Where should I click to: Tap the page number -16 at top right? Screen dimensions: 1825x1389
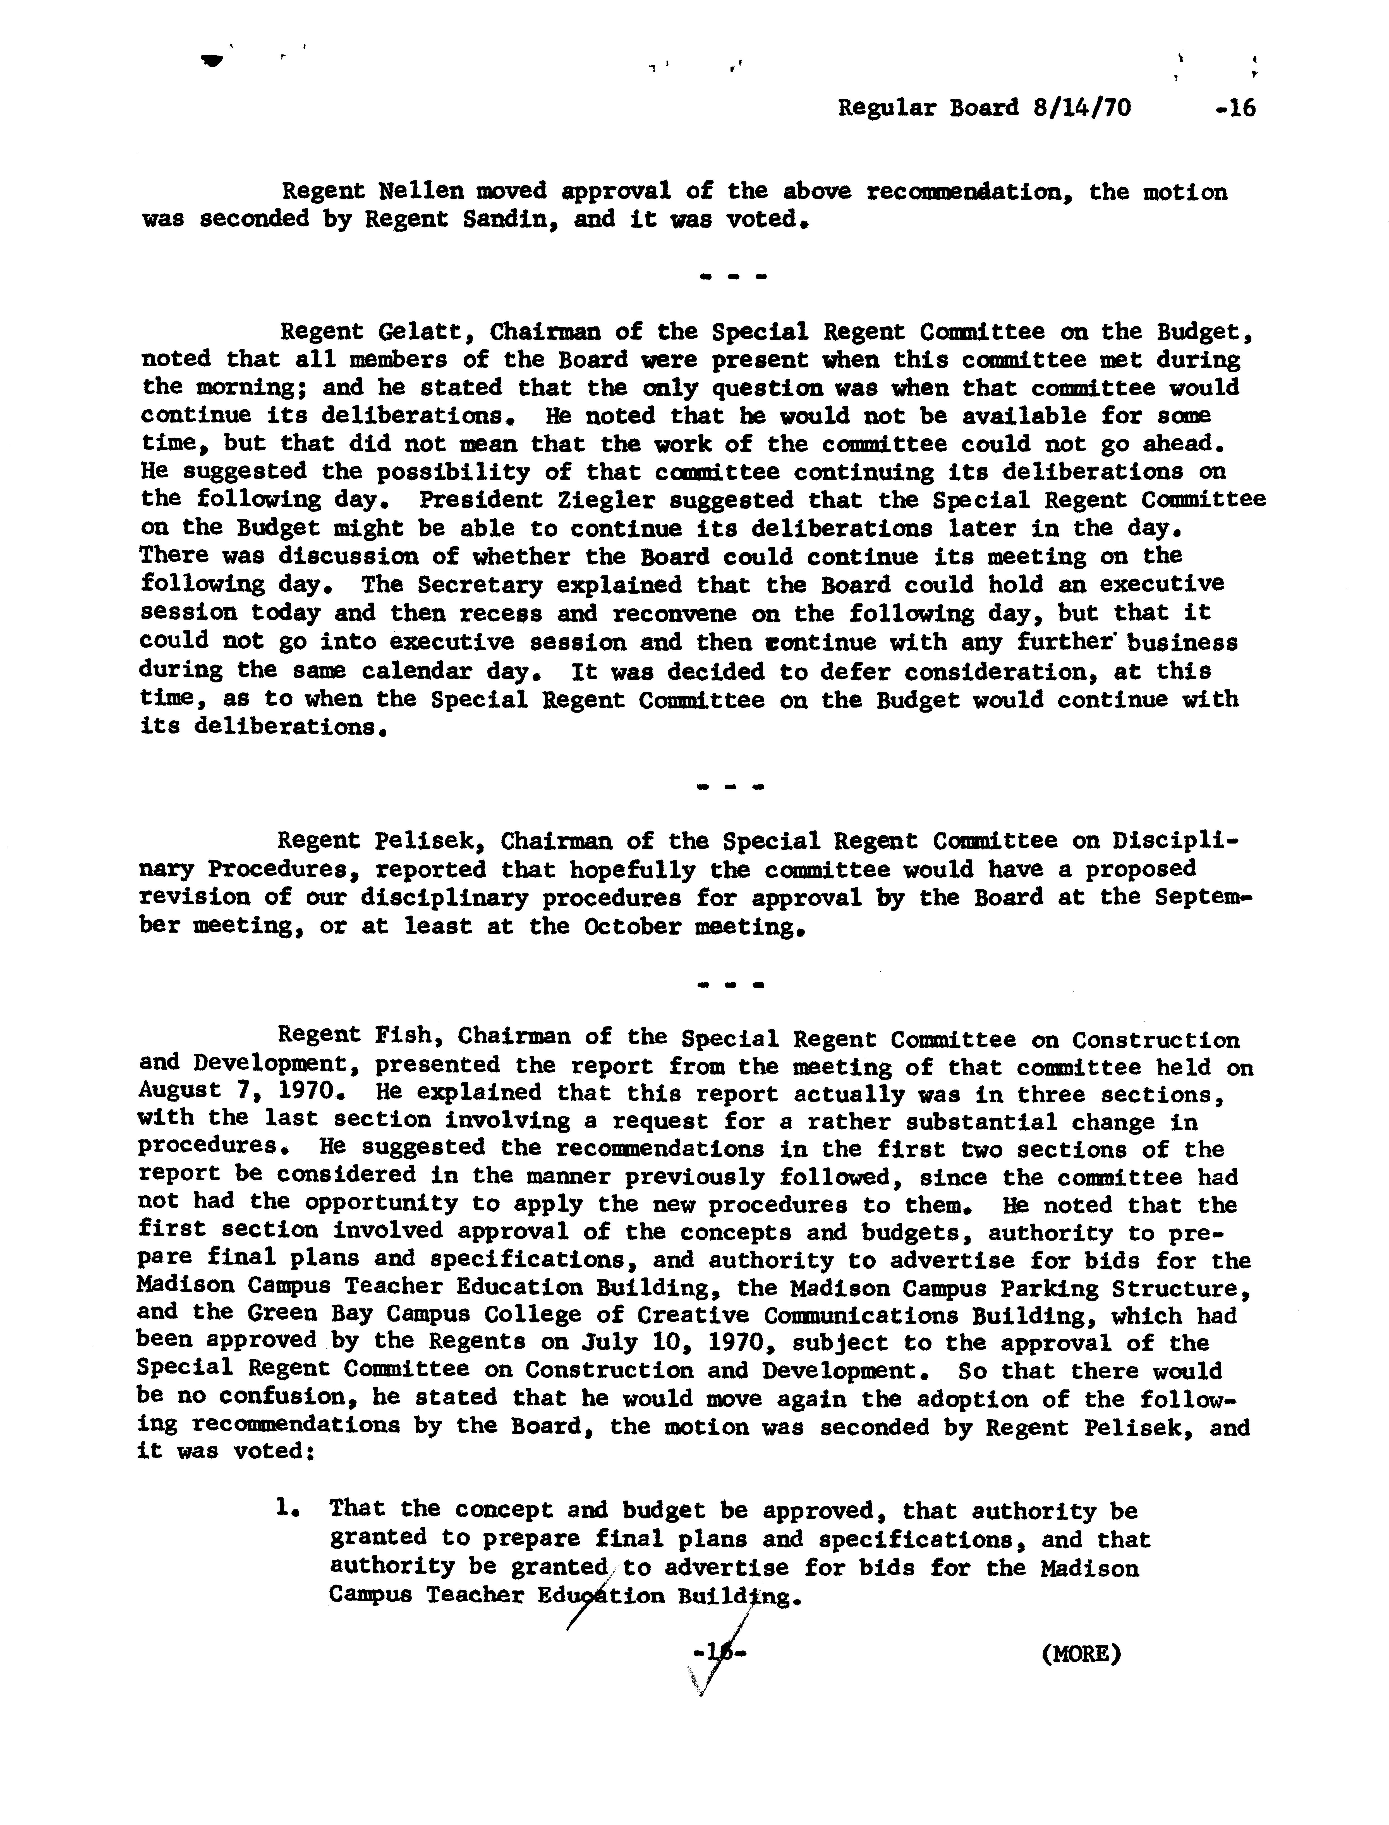click(x=1235, y=108)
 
